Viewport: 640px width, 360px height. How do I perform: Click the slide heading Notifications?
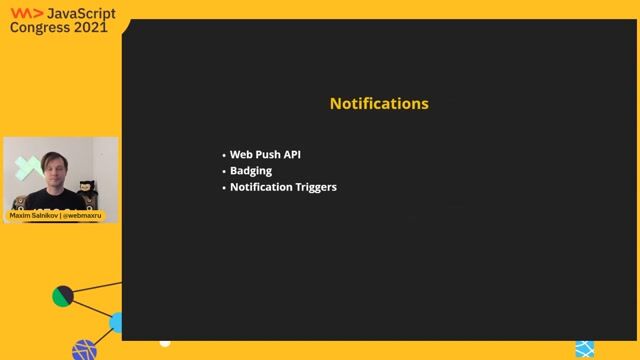pos(379,103)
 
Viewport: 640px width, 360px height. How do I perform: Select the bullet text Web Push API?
pos(265,155)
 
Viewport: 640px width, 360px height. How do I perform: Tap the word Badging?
pos(251,171)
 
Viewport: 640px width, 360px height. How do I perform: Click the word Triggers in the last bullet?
pos(313,186)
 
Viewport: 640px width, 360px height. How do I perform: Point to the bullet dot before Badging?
pos(224,171)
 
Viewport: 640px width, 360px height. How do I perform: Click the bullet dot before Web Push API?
pos(224,156)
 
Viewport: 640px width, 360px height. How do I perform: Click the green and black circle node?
pos(63,296)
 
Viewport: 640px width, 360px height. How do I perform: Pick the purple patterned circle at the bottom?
pos(85,350)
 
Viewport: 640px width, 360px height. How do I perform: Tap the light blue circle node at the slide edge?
pos(117,321)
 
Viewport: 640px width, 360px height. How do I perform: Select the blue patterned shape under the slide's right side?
pos(584,349)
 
